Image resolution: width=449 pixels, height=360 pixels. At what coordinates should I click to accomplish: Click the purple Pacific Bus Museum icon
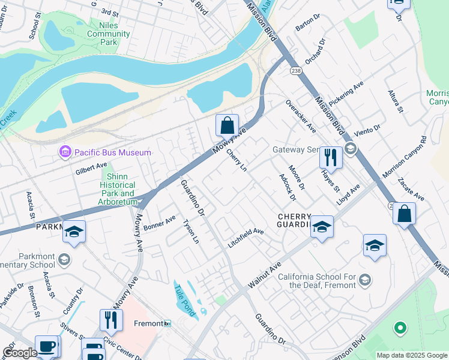(x=65, y=152)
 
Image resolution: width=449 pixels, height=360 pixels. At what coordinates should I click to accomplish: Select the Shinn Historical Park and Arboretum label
(x=119, y=185)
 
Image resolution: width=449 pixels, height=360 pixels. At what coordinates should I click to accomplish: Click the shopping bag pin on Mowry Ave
(x=227, y=127)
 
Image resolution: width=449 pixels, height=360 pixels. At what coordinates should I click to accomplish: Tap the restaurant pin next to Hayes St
(x=331, y=158)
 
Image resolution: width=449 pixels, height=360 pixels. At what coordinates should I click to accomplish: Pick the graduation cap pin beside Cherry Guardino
(x=322, y=227)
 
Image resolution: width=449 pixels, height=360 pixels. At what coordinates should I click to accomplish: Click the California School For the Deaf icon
(x=364, y=280)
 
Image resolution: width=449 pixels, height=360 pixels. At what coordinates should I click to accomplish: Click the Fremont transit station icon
(x=167, y=323)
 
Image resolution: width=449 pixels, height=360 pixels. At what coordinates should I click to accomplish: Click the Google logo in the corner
(x=19, y=353)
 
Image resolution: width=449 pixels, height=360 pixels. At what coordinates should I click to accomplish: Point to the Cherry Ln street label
(x=237, y=160)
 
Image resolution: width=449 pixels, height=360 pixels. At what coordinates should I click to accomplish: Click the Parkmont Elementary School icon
(x=64, y=259)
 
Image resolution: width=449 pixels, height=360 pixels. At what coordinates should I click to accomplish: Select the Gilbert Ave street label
(x=91, y=169)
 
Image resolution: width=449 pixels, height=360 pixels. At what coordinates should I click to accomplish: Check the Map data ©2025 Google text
(x=411, y=355)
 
